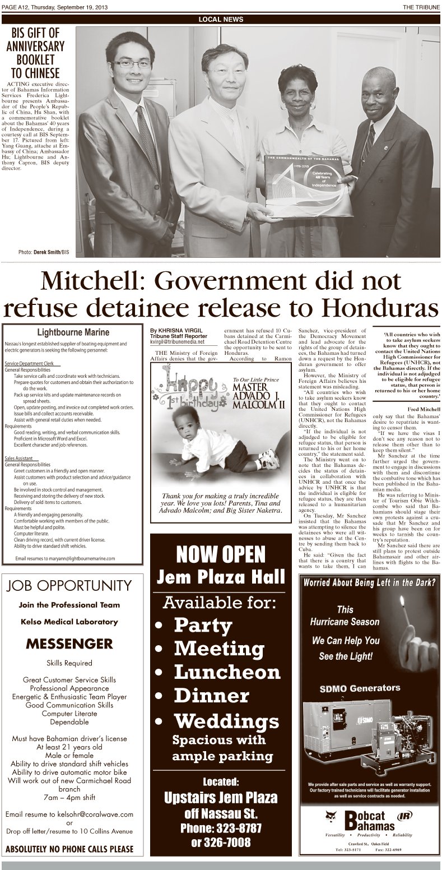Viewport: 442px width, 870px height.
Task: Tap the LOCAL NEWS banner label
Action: (x=221, y=19)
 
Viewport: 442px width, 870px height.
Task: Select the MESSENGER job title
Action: (x=69, y=643)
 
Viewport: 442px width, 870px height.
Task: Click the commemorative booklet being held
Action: (x=309, y=186)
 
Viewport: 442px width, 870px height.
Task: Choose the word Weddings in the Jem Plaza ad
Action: (x=226, y=720)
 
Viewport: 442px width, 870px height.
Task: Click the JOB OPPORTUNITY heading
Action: (x=69, y=586)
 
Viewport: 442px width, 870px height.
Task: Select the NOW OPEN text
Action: (x=221, y=555)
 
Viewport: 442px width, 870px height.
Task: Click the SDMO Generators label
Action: (x=367, y=688)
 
